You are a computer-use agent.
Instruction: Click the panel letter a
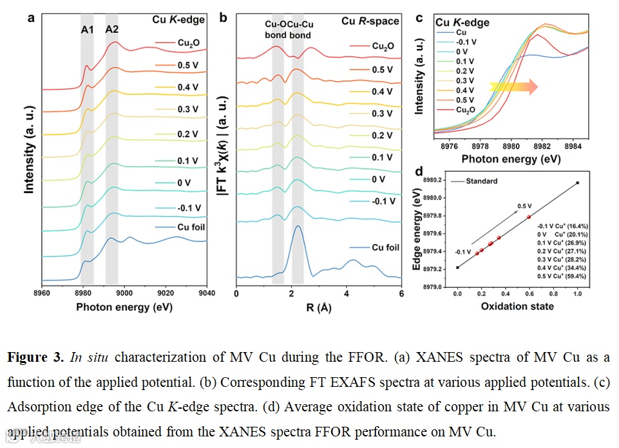(x=30, y=18)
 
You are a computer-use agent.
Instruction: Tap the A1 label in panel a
(x=87, y=29)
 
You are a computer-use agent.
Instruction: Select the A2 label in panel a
(x=112, y=29)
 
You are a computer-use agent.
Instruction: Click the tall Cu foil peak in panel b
(x=297, y=227)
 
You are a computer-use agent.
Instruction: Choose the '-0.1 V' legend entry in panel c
(x=467, y=41)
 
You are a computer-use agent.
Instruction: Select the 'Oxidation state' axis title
(x=517, y=306)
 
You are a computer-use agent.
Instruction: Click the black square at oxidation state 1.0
(x=577, y=183)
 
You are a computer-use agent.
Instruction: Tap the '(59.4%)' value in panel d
(x=578, y=275)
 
